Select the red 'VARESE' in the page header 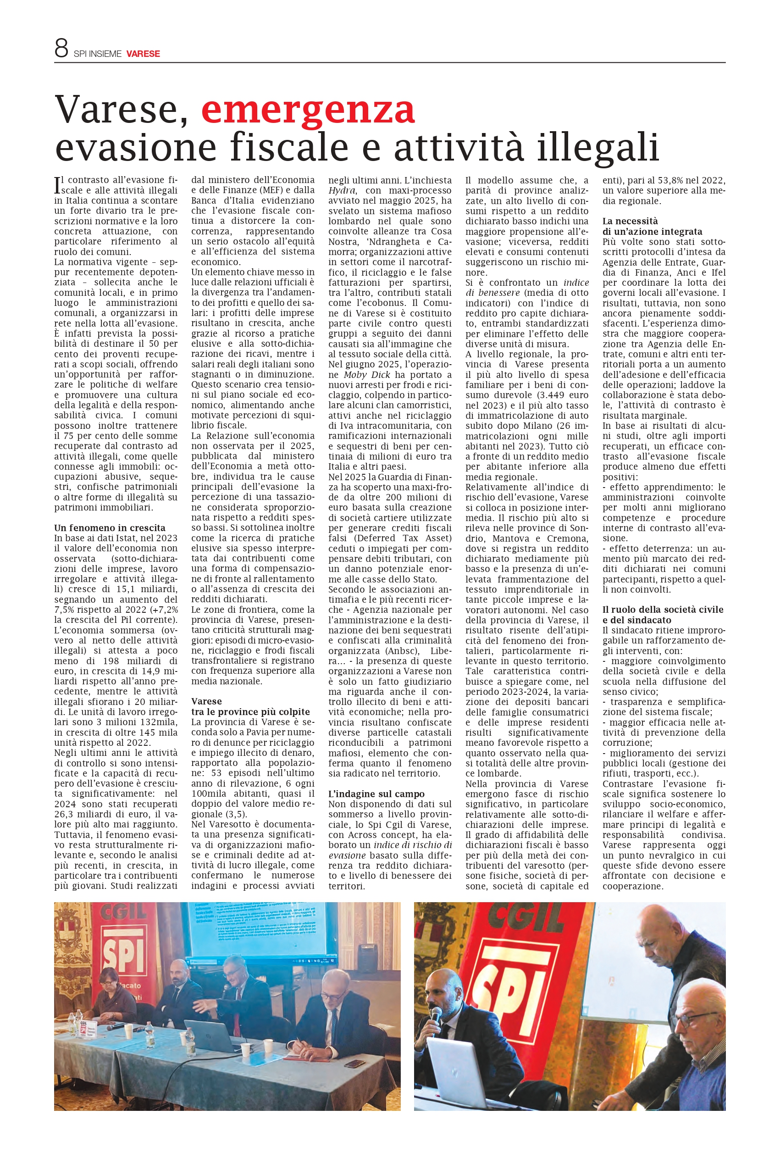tap(143, 54)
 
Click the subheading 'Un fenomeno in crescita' tap(110, 528)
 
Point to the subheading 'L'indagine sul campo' tap(376, 794)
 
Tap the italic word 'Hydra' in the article tap(342, 190)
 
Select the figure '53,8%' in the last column tap(659, 181)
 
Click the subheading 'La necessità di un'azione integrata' tap(652, 226)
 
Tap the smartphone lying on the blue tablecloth tap(354, 1064)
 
